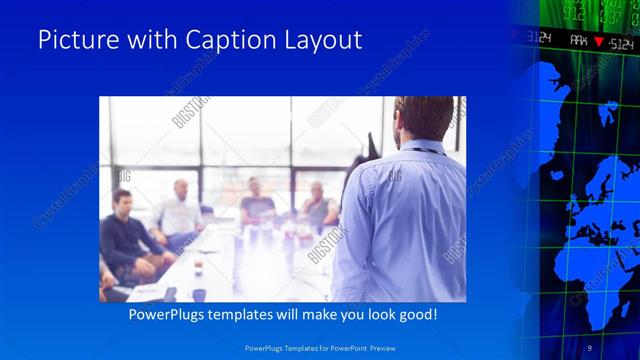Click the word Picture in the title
(x=73, y=41)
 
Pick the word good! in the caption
(x=417, y=314)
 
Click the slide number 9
(x=590, y=347)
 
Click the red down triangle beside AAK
(x=598, y=42)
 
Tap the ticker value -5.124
(x=621, y=42)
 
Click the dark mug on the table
(x=199, y=294)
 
